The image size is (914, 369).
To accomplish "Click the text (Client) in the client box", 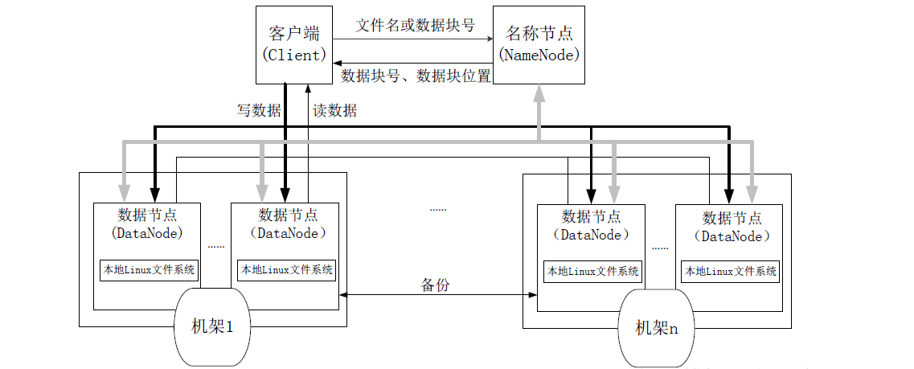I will (293, 55).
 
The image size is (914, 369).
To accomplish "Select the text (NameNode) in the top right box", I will (538, 55).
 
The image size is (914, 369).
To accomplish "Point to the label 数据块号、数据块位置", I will (416, 76).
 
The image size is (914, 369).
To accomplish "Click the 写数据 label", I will (258, 111).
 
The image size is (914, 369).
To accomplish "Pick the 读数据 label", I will (334, 111).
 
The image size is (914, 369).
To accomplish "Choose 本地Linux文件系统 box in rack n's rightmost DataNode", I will (730, 272).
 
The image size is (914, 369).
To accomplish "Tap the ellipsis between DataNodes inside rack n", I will (660, 247).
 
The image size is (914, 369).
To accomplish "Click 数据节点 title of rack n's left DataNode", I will (591, 216).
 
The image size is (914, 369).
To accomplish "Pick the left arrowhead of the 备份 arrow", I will (342, 296).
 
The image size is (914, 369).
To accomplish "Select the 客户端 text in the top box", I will (293, 34).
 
